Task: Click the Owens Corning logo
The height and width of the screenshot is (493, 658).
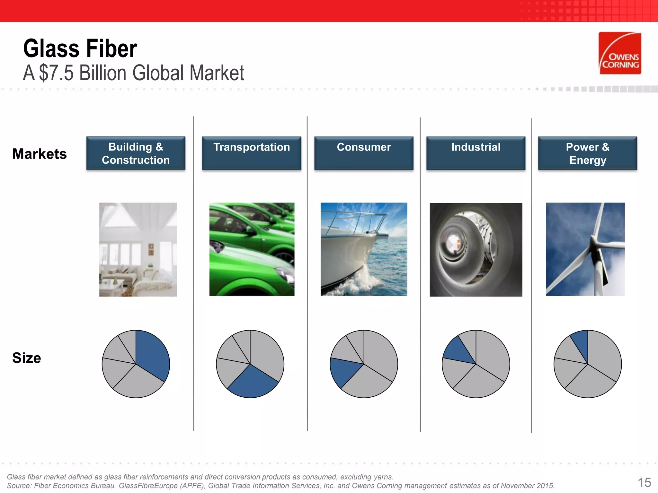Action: coord(620,53)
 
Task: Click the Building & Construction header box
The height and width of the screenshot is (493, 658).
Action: coord(136,153)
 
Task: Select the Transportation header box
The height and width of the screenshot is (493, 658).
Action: coord(252,153)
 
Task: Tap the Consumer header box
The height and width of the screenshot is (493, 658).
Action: coord(364,153)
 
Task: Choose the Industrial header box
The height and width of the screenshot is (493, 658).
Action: coord(476,153)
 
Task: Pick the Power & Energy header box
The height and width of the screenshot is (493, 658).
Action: coord(587,153)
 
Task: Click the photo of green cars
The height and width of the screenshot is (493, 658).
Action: coord(252,249)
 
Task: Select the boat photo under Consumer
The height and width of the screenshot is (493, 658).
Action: coord(364,249)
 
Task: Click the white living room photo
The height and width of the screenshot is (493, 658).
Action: coord(138,249)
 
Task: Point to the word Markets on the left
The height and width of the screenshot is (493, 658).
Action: coord(40,154)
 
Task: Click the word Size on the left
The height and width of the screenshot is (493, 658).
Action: coord(27,358)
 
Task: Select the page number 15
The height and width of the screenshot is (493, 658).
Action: coord(644,482)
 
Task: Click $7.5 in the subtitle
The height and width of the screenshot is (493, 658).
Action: coord(56,73)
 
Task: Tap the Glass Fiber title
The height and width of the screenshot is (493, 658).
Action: coord(80,49)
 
